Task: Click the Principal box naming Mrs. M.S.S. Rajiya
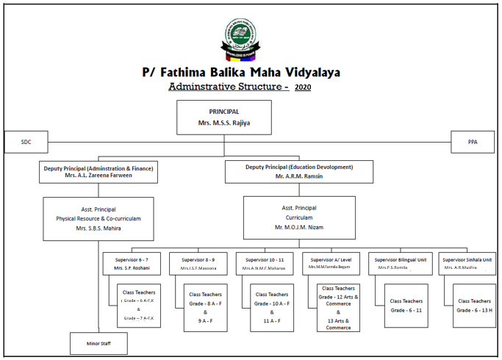224,118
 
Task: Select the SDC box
26,142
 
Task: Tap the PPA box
472,142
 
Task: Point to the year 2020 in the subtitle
302,87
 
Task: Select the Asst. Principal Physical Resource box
98,218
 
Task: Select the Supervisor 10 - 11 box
265,264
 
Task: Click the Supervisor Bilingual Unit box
402,264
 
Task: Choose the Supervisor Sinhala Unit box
467,264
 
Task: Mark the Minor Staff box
98,343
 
